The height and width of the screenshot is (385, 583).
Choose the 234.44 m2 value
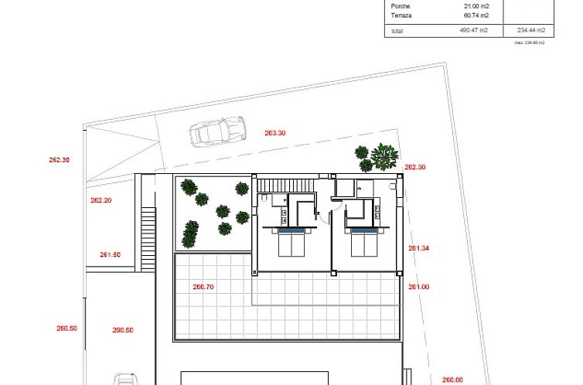(x=530, y=30)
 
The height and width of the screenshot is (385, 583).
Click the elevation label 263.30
(x=274, y=133)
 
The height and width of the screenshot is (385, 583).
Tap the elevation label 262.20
(x=101, y=200)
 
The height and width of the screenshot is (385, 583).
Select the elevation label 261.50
(x=111, y=254)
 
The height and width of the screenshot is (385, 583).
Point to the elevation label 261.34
(x=418, y=248)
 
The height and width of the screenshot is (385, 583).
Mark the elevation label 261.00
(x=418, y=287)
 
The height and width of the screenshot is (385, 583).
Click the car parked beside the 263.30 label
(x=218, y=132)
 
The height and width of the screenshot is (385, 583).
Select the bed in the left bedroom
(x=291, y=243)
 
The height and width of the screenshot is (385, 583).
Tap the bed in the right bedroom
(x=366, y=243)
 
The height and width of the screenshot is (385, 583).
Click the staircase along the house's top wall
(x=285, y=185)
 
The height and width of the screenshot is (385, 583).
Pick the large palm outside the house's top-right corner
(x=384, y=156)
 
